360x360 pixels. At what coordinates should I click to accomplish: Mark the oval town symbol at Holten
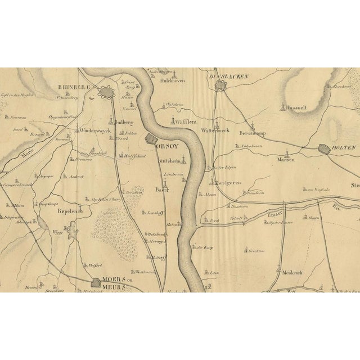pyautogui.click(x=325, y=149)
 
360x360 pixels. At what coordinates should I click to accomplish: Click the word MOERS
pyautogui.click(x=115, y=279)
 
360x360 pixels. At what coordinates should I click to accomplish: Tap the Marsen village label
pyautogui.click(x=286, y=159)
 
